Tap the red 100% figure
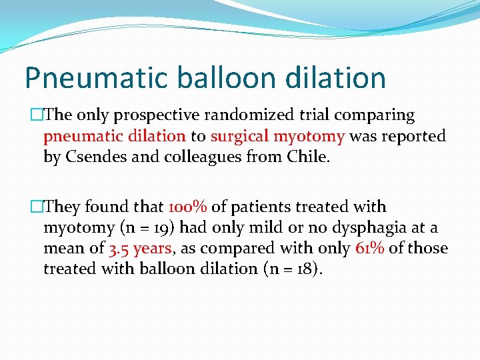pos(189,207)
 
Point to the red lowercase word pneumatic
pos(81,136)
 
